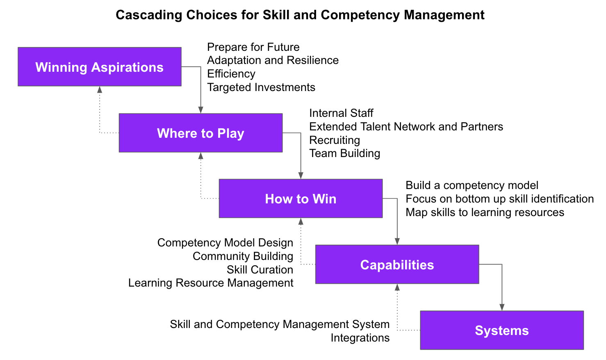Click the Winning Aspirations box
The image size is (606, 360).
tap(100, 67)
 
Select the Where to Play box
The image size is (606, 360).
tap(201, 133)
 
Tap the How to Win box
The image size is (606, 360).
tap(301, 198)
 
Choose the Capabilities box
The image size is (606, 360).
tap(397, 264)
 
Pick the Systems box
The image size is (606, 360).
tap(502, 330)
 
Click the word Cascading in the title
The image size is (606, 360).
tap(149, 15)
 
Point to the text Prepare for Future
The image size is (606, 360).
tap(253, 47)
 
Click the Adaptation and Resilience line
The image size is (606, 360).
tap(273, 60)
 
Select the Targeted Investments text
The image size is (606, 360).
tap(261, 87)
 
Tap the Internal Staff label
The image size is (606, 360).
tap(341, 113)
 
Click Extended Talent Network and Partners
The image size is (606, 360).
tap(406, 127)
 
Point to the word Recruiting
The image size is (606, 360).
tap(335, 140)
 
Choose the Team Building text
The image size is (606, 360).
tap(345, 153)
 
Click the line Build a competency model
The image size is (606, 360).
tap(472, 185)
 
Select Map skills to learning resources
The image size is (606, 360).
tap(485, 212)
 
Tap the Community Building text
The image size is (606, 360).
tap(243, 256)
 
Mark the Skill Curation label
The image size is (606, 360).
tap(260, 270)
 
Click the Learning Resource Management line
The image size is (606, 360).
tap(211, 283)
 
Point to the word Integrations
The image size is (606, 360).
tap(360, 338)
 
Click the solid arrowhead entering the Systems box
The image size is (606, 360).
tap(502, 308)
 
